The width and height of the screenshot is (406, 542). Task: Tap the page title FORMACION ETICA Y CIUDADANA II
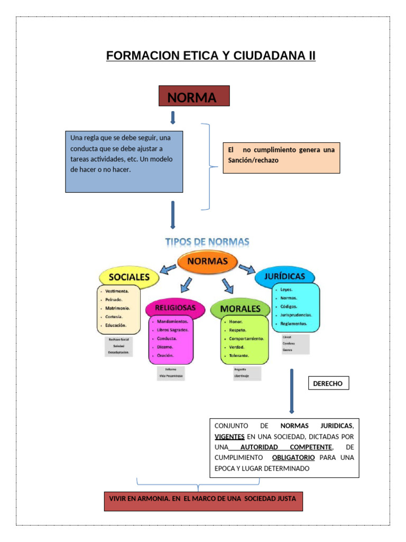coord(210,56)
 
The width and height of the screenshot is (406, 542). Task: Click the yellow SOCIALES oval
coord(129,277)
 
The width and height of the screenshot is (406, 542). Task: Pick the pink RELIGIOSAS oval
coord(175,308)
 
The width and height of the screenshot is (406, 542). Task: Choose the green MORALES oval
coord(240,309)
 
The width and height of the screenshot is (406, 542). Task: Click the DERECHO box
coord(328,383)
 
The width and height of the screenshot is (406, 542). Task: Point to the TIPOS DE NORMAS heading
coord(207,242)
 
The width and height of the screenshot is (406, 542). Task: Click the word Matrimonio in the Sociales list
coord(117,308)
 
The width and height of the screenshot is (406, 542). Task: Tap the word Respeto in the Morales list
coord(237,330)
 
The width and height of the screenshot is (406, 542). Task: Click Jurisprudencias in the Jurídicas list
coord(296,314)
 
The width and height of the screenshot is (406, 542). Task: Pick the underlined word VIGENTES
coord(229,437)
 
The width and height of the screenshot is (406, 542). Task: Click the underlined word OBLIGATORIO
coord(293,457)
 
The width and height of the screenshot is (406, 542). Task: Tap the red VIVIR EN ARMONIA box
coord(203,500)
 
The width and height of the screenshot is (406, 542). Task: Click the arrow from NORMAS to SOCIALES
coord(169,269)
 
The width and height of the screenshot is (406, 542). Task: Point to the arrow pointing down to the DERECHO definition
coord(292,392)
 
